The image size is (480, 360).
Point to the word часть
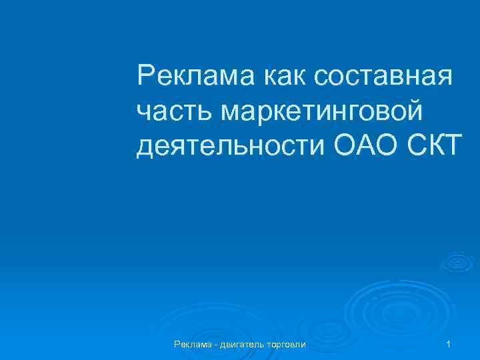(x=167, y=110)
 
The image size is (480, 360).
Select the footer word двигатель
(x=241, y=344)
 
